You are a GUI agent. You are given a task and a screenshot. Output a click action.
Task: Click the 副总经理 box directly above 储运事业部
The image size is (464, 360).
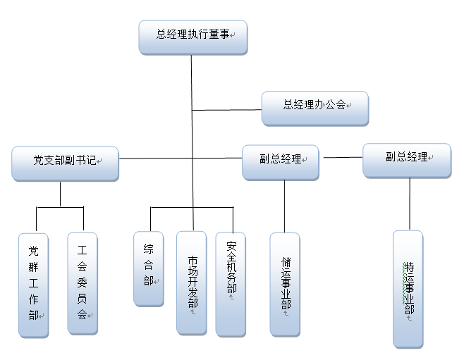tap(280, 161)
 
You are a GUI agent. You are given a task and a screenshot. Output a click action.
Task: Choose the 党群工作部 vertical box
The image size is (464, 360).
tap(33, 284)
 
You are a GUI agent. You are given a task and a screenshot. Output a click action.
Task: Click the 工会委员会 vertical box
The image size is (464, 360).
tap(82, 283)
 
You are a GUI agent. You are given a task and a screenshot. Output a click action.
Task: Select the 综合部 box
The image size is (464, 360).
tap(148, 268)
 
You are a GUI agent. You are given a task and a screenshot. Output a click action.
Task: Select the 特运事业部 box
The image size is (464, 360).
tap(408, 289)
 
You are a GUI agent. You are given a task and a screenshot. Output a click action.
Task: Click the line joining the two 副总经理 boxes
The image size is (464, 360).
tap(341, 157)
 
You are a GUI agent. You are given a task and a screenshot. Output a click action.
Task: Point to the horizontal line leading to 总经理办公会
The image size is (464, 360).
tap(226, 110)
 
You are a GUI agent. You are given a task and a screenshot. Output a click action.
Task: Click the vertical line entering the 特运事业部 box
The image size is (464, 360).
tap(409, 204)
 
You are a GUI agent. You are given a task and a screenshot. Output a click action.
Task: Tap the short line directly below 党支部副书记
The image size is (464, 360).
tap(61, 194)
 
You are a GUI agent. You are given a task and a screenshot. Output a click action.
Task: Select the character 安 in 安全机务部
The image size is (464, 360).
tap(231, 248)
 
